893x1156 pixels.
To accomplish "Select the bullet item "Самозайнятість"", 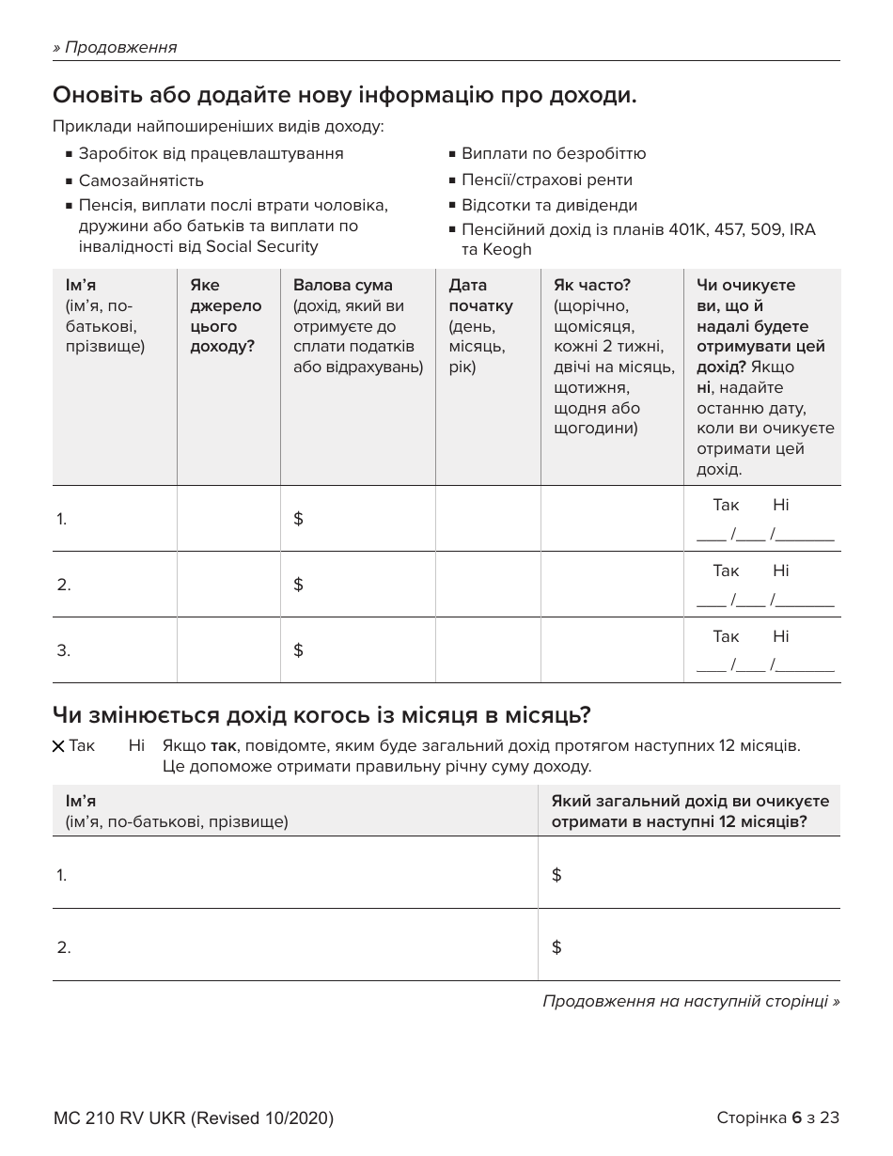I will [141, 180].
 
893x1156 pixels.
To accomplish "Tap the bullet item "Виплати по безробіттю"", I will [553, 153].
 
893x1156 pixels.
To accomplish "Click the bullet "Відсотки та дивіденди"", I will [549, 205].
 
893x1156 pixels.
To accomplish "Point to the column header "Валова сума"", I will [343, 285].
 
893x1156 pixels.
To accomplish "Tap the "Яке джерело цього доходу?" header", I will [226, 316].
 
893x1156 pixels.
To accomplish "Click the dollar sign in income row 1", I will [298, 519].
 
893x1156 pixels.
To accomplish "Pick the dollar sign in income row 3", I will [298, 650].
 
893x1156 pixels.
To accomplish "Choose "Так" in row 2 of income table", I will [726, 570].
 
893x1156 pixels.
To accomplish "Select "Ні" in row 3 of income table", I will [781, 636].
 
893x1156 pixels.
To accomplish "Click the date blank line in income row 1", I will [764, 536].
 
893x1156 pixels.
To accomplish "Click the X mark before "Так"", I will [59, 746].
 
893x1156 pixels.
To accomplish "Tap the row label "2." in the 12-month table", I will [64, 947].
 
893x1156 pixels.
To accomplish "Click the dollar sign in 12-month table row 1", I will [556, 875].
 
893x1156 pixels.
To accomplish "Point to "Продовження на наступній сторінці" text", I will [691, 1001].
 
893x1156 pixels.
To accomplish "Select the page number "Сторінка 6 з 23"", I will [777, 1117].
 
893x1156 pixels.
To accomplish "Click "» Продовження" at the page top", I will [115, 47].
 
